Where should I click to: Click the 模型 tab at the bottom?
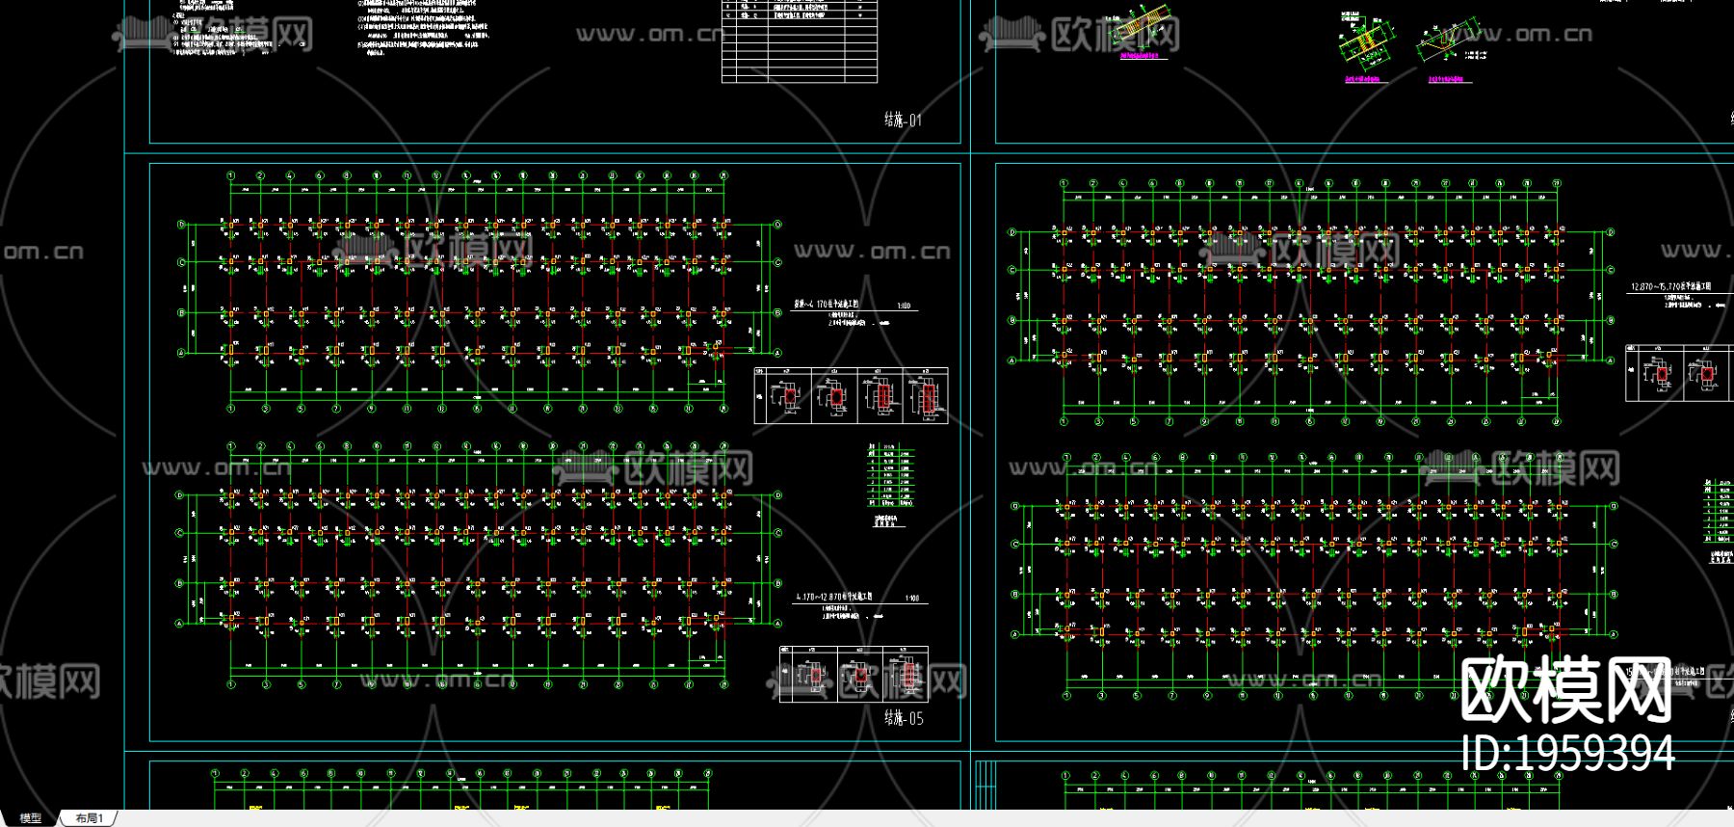31,818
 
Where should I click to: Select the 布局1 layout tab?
89,818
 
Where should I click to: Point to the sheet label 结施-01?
903,120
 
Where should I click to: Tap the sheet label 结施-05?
904,718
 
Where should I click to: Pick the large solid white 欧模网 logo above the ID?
1565,690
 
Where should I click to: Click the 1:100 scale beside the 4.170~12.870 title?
911,599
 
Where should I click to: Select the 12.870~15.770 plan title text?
1670,287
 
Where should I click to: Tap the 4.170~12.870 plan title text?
834,598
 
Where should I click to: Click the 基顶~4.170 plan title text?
827,305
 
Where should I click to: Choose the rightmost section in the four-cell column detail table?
926,396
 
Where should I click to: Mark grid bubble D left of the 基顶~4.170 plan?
180,226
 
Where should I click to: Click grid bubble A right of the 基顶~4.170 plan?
778,354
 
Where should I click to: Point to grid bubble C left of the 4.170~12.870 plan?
180,533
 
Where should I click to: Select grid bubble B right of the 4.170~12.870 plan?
778,583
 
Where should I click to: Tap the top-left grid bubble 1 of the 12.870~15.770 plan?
1064,183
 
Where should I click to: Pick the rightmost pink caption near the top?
1450,78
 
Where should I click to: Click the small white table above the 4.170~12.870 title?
890,476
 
